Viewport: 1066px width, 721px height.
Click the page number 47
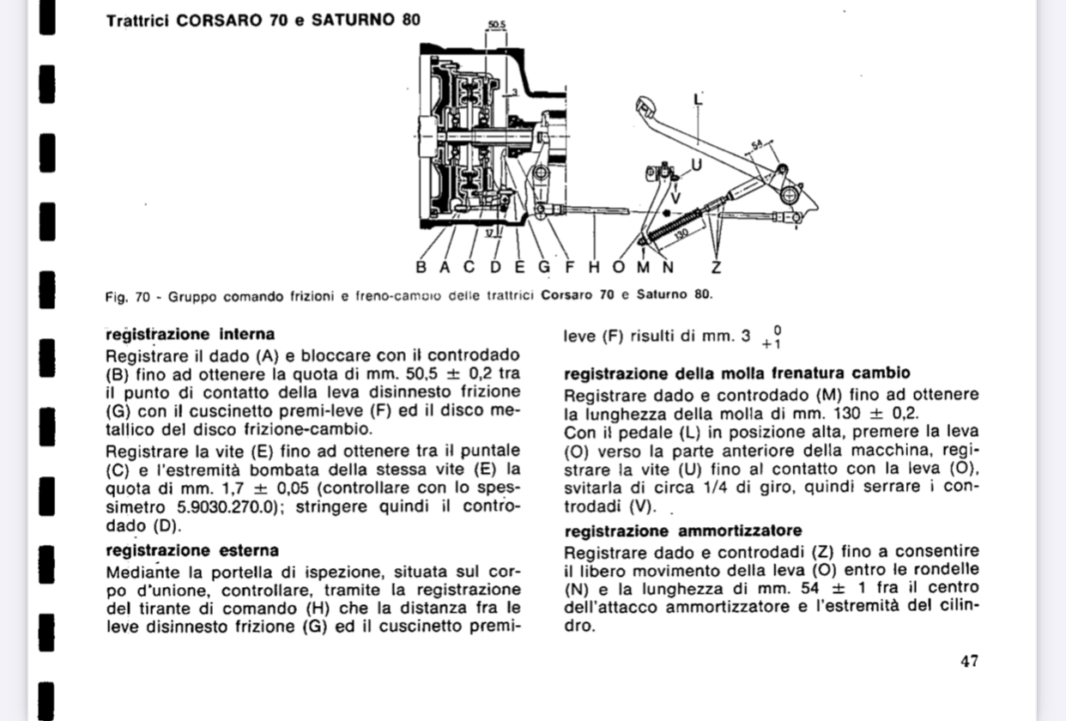969,661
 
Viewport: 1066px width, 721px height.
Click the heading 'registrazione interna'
190,334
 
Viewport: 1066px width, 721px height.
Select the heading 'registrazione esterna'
192,549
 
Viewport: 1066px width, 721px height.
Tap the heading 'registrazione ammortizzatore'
682,530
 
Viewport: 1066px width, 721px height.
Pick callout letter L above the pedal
697,98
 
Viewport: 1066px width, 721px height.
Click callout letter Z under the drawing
717,267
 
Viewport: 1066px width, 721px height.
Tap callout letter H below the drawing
594,267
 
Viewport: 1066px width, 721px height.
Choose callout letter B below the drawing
421,267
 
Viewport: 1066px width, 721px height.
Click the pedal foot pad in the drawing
645,109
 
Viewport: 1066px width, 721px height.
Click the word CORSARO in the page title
221,19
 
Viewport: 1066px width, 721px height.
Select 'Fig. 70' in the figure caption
127,296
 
